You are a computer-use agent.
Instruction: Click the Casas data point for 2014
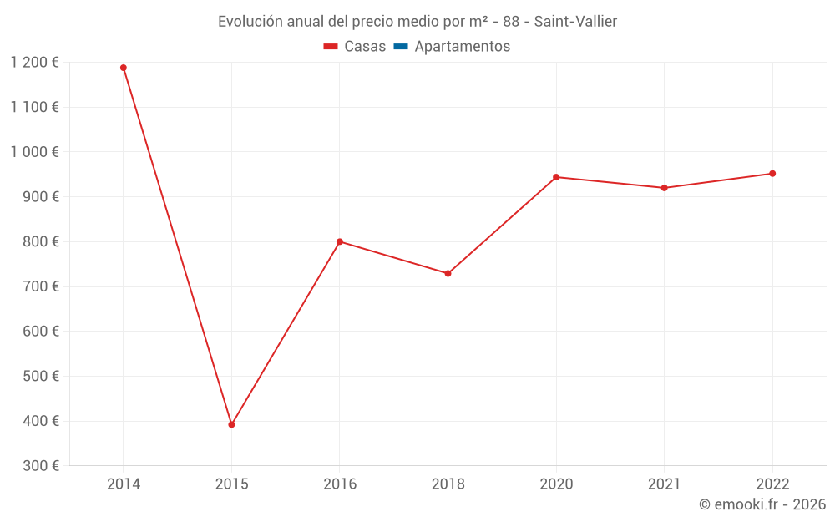(124, 68)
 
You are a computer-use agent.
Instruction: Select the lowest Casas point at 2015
(231, 424)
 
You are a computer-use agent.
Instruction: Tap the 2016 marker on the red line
(340, 241)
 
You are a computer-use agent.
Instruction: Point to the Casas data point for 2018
(448, 273)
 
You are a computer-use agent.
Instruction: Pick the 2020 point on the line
(556, 177)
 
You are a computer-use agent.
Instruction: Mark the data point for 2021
(664, 188)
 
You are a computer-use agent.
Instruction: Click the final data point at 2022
(772, 174)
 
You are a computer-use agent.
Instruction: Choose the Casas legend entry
(355, 47)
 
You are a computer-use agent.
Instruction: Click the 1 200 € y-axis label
(35, 63)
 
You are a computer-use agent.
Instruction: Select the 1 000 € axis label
(35, 152)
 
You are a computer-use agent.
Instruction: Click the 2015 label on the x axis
(231, 484)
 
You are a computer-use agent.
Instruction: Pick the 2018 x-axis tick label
(448, 484)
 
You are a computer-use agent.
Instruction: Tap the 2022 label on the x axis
(772, 484)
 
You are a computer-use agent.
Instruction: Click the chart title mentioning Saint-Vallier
(417, 22)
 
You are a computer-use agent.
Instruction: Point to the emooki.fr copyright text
(762, 504)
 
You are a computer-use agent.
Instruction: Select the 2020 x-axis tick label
(556, 484)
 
